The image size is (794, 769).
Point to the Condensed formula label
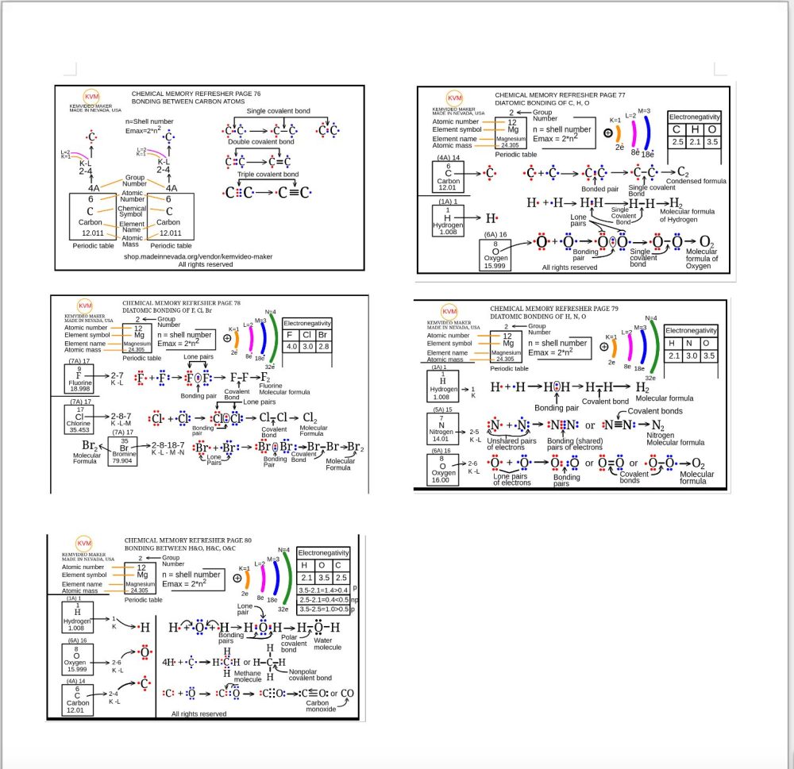point(696,181)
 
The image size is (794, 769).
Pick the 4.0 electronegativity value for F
point(291,346)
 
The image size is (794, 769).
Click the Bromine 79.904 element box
point(124,449)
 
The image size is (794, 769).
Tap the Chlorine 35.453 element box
point(80,419)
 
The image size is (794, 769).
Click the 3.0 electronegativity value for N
point(692,356)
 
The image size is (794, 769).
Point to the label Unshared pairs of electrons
point(511,444)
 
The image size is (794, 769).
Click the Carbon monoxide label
point(322,706)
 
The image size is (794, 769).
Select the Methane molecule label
point(247,676)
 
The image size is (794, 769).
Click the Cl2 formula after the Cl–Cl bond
point(310,417)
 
